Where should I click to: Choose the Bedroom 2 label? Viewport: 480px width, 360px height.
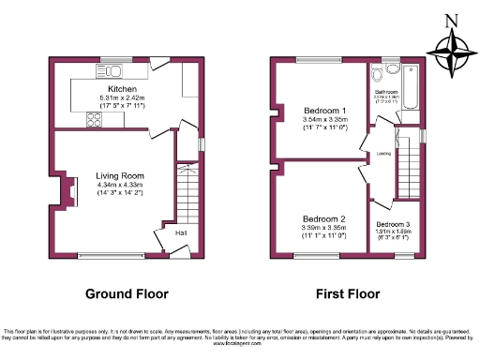click(x=324, y=219)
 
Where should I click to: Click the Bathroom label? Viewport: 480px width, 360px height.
click(x=385, y=92)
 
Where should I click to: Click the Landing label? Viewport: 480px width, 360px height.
click(x=383, y=153)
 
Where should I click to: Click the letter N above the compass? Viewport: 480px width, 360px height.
click(x=451, y=20)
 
